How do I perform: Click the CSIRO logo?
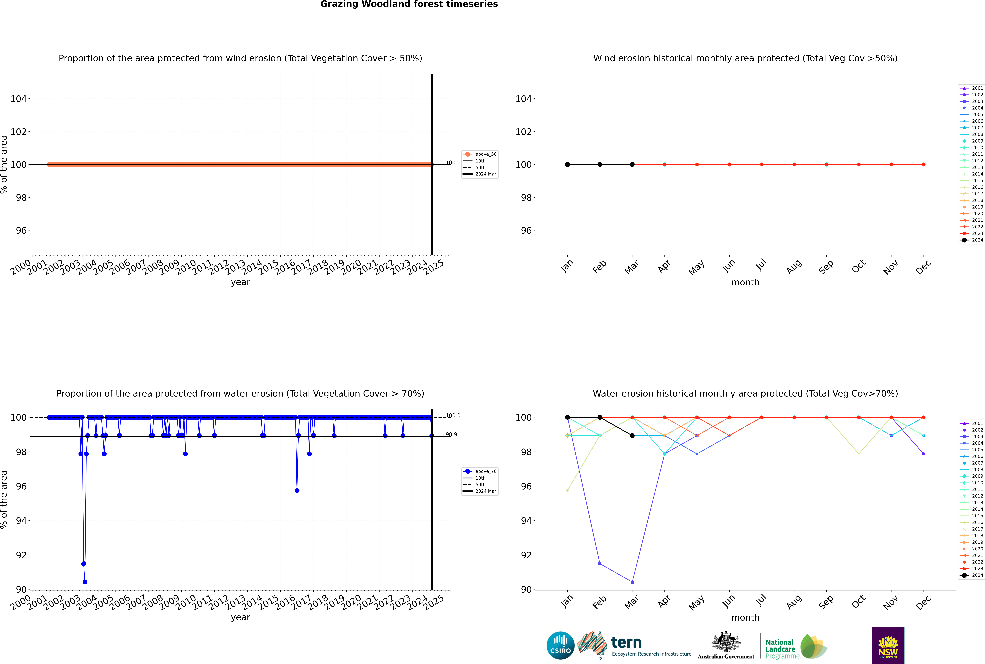[x=560, y=645]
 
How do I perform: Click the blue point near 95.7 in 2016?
[x=297, y=490]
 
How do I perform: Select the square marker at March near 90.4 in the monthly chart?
[x=632, y=582]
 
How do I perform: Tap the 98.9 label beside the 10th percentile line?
[x=451, y=434]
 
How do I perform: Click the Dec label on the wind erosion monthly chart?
[x=923, y=267]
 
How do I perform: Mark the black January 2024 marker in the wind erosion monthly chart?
[x=567, y=164]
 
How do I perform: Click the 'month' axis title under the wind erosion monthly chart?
[x=745, y=282]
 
